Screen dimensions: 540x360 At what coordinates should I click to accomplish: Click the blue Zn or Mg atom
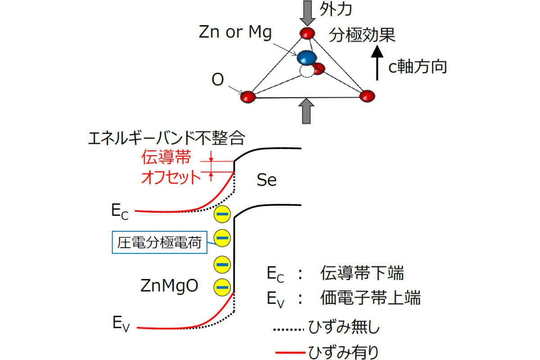306,58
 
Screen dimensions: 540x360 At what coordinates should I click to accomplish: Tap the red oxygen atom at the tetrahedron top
307,33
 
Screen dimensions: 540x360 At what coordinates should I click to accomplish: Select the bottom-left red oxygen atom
248,97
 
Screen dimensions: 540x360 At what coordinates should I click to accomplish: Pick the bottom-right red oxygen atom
367,96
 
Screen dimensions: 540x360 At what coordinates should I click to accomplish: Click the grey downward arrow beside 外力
307,13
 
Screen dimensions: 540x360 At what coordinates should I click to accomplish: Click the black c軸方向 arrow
377,63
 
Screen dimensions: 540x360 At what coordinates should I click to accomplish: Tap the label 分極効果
362,35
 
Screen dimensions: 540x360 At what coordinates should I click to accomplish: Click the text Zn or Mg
235,32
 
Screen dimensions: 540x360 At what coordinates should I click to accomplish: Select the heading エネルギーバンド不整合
166,138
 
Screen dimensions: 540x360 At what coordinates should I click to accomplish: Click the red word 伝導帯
166,157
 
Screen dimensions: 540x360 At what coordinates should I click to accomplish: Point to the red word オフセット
171,177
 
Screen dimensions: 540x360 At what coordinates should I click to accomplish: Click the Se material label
266,180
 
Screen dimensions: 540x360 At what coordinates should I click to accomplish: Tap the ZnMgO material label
169,286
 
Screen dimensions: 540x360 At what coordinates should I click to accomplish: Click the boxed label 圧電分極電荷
159,243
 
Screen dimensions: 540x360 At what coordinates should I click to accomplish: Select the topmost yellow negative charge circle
222,214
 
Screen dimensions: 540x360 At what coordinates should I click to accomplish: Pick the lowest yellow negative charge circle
222,287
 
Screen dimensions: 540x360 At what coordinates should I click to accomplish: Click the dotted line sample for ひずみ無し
288,329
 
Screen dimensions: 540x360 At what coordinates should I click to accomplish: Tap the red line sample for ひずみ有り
290,352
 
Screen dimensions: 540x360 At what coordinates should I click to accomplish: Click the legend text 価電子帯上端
370,297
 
